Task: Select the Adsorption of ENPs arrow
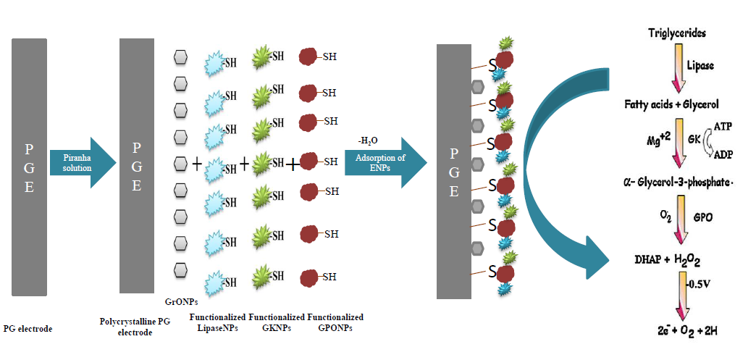(384, 162)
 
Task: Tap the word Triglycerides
(678, 33)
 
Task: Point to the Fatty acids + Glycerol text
(671, 104)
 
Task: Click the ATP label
(723, 126)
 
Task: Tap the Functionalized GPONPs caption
(335, 323)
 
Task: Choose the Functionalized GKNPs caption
(277, 323)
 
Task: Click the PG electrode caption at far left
(28, 329)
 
